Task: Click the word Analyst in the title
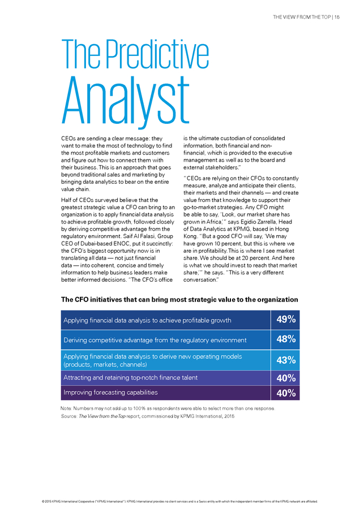126,101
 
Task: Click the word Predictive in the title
157,54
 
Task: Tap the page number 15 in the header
337,17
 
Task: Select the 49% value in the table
286,320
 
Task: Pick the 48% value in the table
286,339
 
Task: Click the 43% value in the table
286,360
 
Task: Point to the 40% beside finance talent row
286,378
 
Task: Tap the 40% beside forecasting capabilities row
286,393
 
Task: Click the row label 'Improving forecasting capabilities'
110,392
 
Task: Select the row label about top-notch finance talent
130,378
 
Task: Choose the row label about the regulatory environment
155,340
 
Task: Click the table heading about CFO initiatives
179,300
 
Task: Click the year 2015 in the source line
229,416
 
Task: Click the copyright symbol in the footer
43,502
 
